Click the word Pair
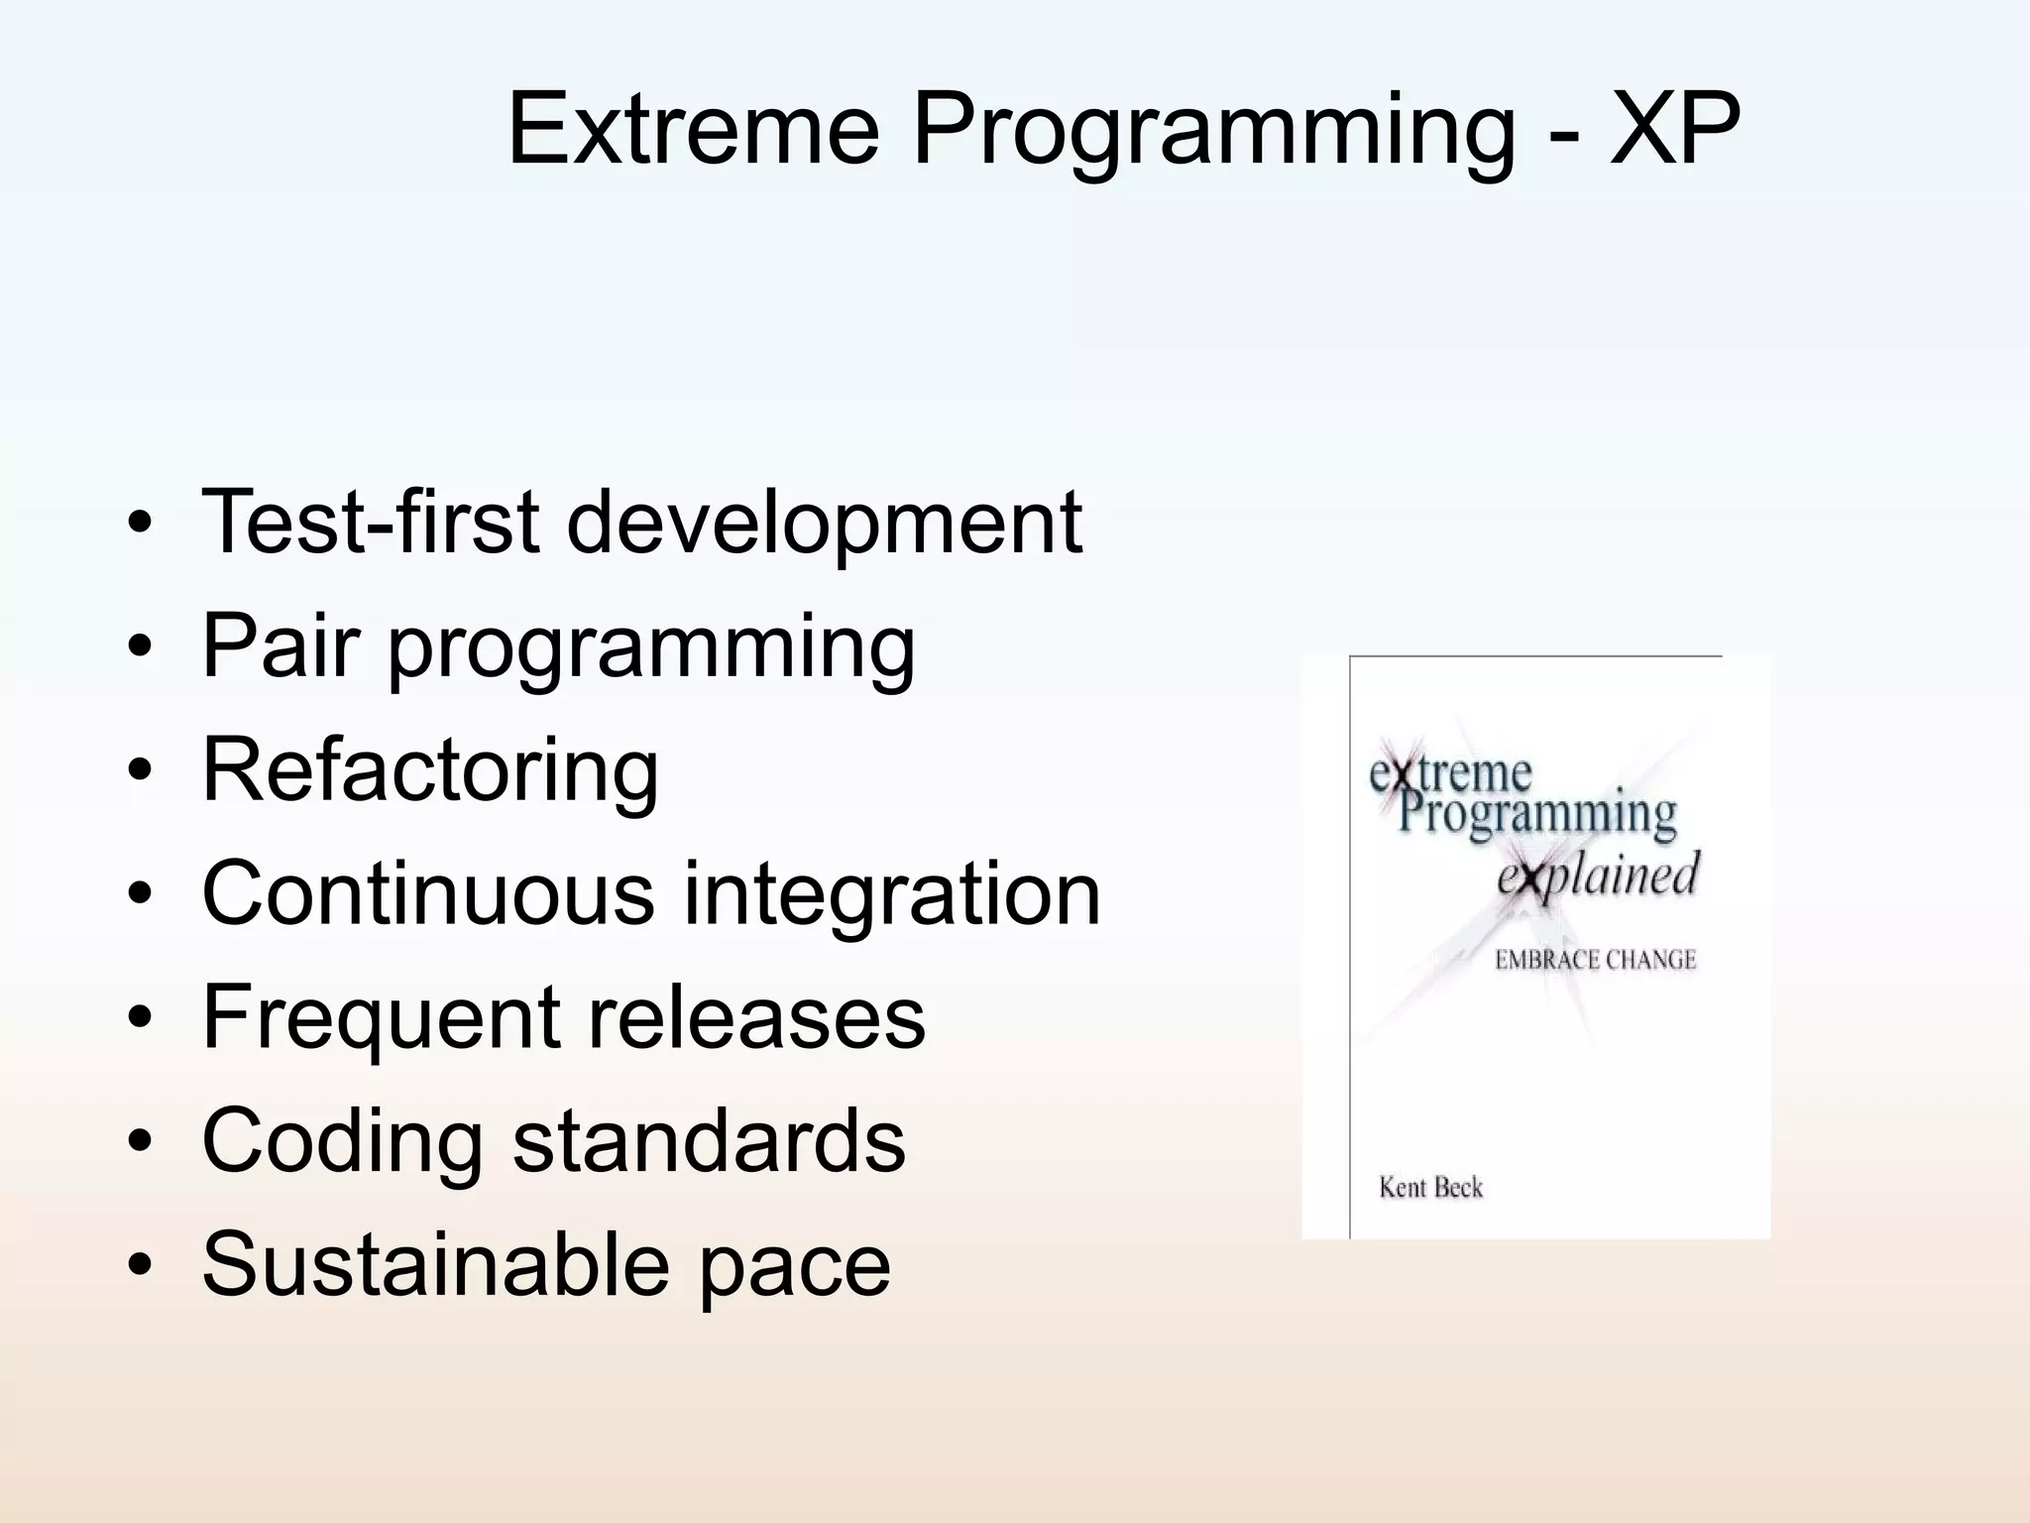click(x=280, y=645)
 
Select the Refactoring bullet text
click(x=430, y=771)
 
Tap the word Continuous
click(x=427, y=893)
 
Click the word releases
click(x=756, y=1018)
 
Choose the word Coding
click(x=342, y=1143)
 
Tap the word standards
click(x=709, y=1141)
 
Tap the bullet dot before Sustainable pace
click(x=140, y=1264)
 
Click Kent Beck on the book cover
click(x=1430, y=1187)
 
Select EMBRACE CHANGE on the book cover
click(x=1595, y=960)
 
